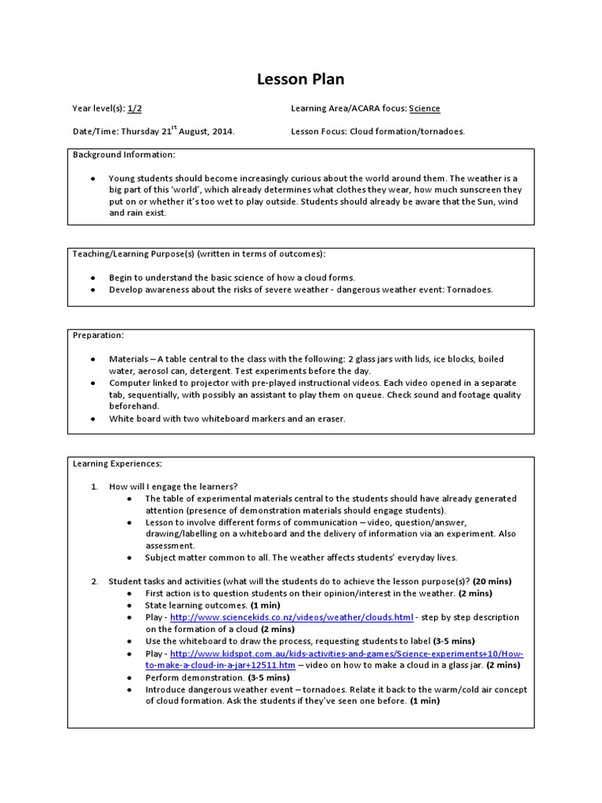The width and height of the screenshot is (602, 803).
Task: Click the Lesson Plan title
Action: [301, 79]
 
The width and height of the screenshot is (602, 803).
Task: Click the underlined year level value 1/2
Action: [135, 109]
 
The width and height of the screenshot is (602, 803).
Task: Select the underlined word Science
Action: [424, 109]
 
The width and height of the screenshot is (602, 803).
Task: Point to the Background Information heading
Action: [124, 154]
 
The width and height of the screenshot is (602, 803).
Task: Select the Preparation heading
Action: [98, 335]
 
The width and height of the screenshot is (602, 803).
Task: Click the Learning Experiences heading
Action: [117, 463]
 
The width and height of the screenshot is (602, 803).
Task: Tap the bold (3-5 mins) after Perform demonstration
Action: [269, 678]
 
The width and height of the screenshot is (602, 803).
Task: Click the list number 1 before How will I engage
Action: [93, 486]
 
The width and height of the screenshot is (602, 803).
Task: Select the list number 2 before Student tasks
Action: [93, 581]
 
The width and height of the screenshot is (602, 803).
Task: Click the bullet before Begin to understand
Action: [93, 278]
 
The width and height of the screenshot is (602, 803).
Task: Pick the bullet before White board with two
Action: [93, 419]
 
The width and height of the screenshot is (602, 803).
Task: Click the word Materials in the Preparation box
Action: [128, 358]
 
